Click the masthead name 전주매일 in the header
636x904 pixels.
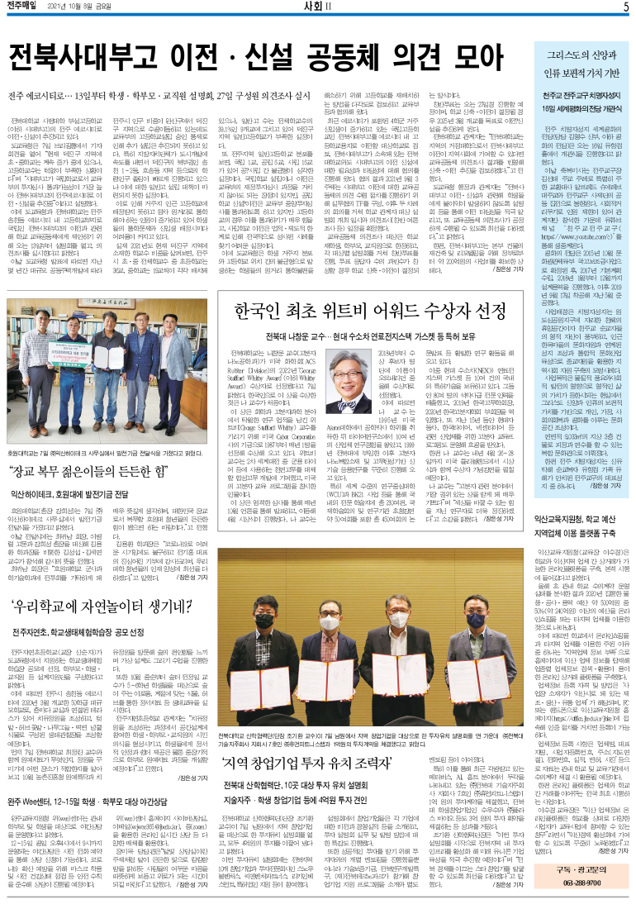click(27, 8)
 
